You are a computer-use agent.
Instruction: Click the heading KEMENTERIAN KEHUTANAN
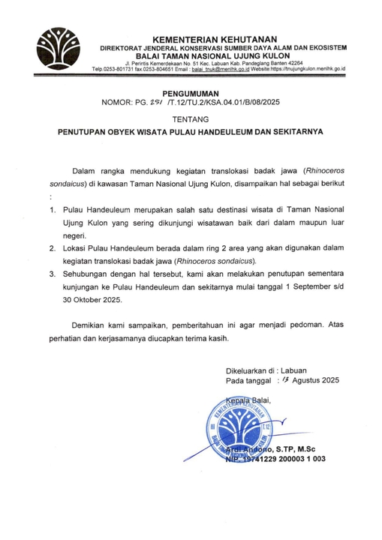[214, 39]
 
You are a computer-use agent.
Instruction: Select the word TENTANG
[191, 118]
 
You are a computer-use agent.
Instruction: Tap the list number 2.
[53, 247]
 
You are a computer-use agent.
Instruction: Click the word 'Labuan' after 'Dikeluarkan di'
[296, 370]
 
